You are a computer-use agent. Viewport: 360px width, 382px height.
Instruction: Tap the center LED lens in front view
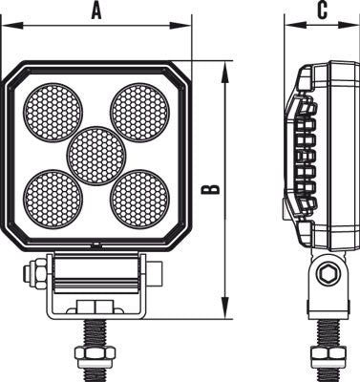[x=97, y=155]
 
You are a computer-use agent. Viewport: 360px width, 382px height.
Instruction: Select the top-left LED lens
[x=53, y=111]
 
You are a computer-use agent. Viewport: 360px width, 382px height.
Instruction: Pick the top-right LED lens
[x=139, y=111]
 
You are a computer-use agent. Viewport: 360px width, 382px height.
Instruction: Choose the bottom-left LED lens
[x=53, y=197]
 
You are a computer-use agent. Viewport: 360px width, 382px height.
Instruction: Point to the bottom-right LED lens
[x=139, y=197]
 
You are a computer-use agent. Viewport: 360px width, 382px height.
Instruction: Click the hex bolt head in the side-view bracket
[x=328, y=273]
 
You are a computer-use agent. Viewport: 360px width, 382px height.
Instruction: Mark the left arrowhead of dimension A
[x=6, y=26]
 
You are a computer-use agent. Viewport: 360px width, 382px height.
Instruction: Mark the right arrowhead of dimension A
[x=188, y=26]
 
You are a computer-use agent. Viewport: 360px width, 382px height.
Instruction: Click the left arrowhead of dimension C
[x=287, y=26]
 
